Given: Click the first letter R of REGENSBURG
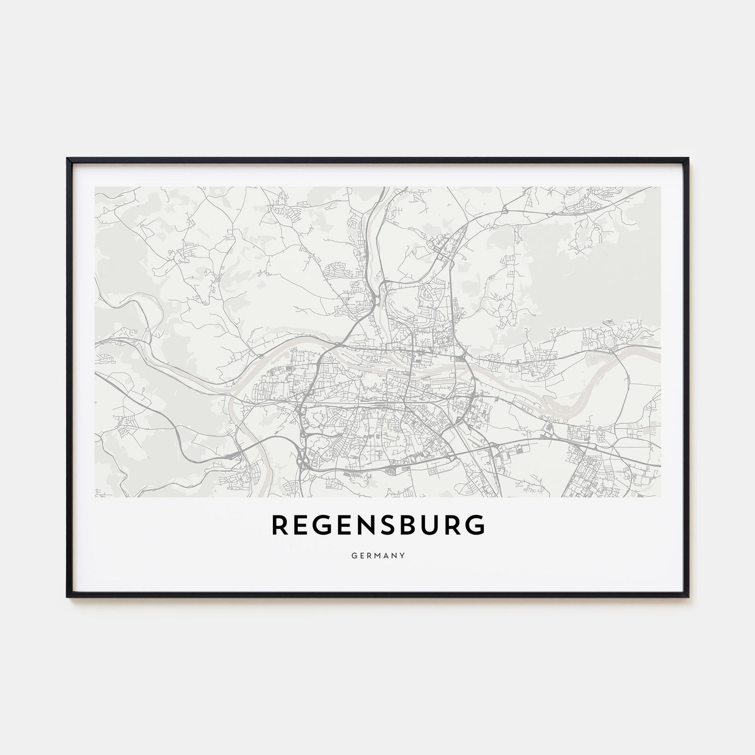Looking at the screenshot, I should [281, 525].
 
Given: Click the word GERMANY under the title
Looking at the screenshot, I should [377, 554].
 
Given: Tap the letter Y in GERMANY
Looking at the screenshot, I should [403, 554].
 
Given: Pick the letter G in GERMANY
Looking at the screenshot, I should [352, 554].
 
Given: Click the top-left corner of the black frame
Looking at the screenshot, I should [67, 159].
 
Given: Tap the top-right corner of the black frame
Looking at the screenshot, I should [688, 159].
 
